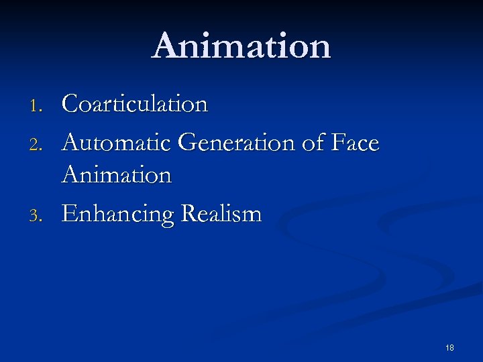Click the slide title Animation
click(241, 46)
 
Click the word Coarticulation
click(135, 105)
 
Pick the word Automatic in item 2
click(117, 143)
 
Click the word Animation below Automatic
click(117, 176)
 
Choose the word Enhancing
click(115, 215)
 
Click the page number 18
click(449, 347)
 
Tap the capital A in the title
click(166, 46)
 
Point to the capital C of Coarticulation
click(70, 105)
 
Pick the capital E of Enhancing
click(68, 214)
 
